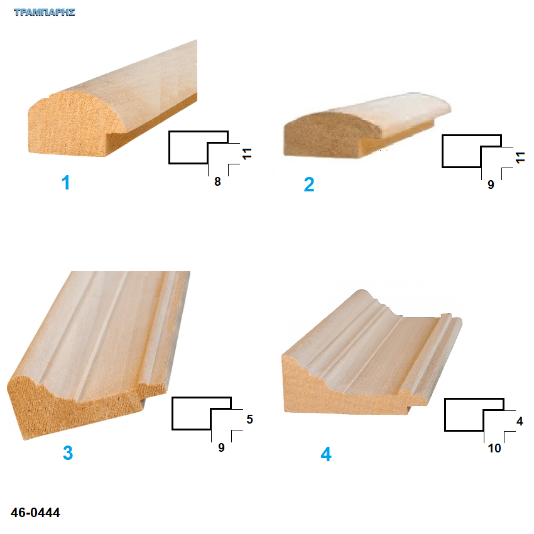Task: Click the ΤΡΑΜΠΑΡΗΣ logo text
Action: click(45, 13)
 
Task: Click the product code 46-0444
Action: click(35, 512)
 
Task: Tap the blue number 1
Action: click(65, 183)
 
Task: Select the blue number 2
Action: click(309, 184)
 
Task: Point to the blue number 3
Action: click(68, 452)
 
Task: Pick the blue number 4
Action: click(326, 454)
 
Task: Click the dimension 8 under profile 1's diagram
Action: click(217, 181)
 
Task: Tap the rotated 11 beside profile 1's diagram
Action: click(247, 154)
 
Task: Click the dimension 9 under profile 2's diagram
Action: click(491, 184)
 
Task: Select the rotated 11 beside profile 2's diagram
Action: click(520, 158)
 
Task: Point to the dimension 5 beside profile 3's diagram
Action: click(249, 419)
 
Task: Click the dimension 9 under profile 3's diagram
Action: click(221, 447)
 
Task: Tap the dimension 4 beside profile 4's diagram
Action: click(520, 421)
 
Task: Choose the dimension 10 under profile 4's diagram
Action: click(494, 448)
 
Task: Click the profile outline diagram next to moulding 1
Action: click(199, 147)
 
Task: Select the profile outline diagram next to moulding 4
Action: click(474, 415)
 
